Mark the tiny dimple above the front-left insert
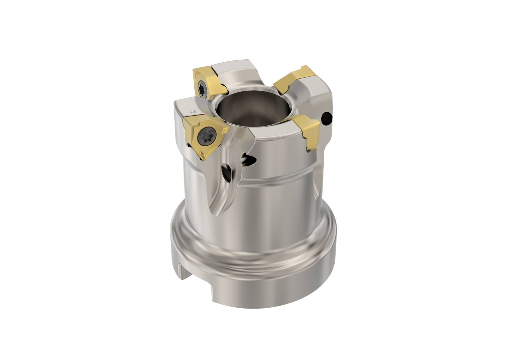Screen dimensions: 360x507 [192, 111]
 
